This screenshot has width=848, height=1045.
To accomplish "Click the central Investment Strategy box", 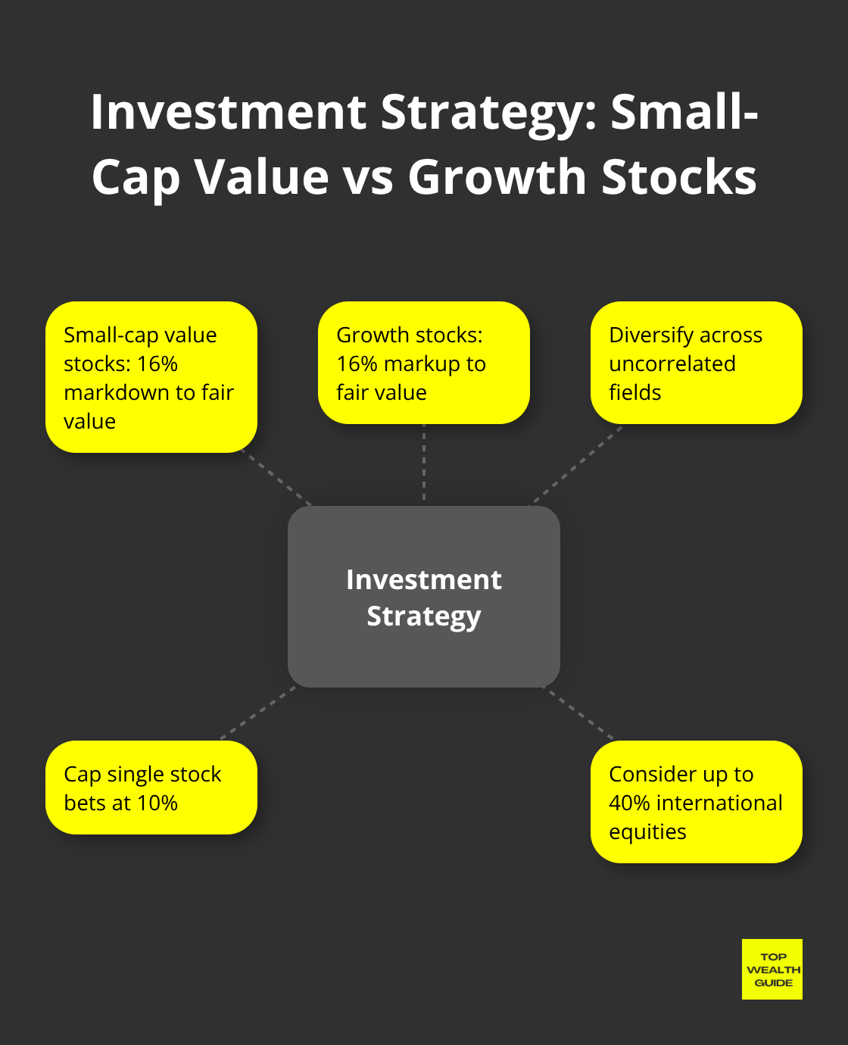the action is pyautogui.click(x=424, y=596).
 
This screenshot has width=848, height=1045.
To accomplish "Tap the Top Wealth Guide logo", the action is pyautogui.click(x=772, y=969).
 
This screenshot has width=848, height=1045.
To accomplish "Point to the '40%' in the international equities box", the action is pyautogui.click(x=629, y=803).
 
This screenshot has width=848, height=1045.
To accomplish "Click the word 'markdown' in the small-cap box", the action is pyautogui.click(x=117, y=392).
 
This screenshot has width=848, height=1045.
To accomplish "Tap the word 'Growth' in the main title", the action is pyautogui.click(x=497, y=176).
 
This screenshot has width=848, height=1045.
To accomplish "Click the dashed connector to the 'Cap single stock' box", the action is pyautogui.click(x=258, y=713).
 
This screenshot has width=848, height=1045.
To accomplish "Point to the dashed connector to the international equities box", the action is pyautogui.click(x=578, y=713).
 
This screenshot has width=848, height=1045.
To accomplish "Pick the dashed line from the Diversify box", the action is pyautogui.click(x=575, y=466).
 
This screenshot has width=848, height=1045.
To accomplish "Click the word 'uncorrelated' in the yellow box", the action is pyautogui.click(x=672, y=364).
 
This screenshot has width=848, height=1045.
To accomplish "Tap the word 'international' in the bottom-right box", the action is pyautogui.click(x=719, y=803).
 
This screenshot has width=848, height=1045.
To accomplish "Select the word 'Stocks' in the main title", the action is pyautogui.click(x=679, y=176).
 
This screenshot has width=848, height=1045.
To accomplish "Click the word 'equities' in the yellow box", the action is pyautogui.click(x=647, y=832).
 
